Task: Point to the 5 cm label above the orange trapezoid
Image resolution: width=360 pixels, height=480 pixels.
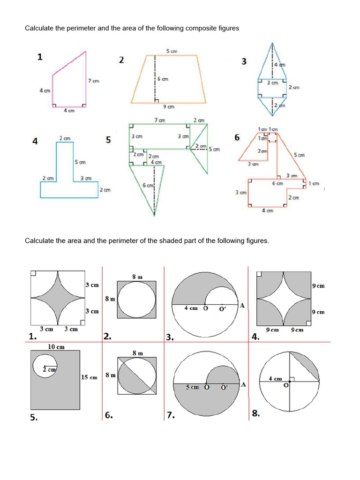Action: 171,51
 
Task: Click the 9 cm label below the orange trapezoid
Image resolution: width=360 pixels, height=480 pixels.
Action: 168,107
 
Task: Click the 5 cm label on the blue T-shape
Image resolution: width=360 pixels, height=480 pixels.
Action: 80,162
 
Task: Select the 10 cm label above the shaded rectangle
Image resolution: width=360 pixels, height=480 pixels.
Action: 56,347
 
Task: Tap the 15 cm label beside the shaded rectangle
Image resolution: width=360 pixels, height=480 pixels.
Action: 89,377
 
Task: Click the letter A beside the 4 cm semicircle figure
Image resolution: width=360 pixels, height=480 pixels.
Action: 242,306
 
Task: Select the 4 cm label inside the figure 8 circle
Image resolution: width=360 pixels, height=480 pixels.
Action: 275,378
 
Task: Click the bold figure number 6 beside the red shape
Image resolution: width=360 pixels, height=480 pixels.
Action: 237,137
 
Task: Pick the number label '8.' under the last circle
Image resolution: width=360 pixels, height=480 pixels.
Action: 255,413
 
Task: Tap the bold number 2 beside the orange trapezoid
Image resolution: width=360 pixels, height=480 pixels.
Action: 121,60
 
